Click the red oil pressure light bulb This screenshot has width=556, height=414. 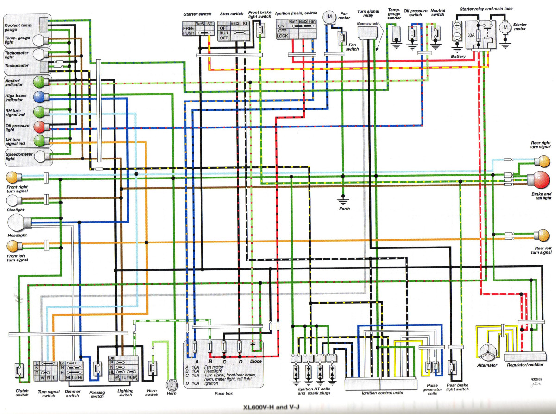click(x=39, y=126)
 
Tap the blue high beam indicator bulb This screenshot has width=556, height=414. click(x=39, y=97)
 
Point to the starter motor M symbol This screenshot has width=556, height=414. click(x=505, y=28)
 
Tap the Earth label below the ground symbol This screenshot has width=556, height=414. click(x=344, y=209)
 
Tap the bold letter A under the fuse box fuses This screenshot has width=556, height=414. click(x=196, y=362)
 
